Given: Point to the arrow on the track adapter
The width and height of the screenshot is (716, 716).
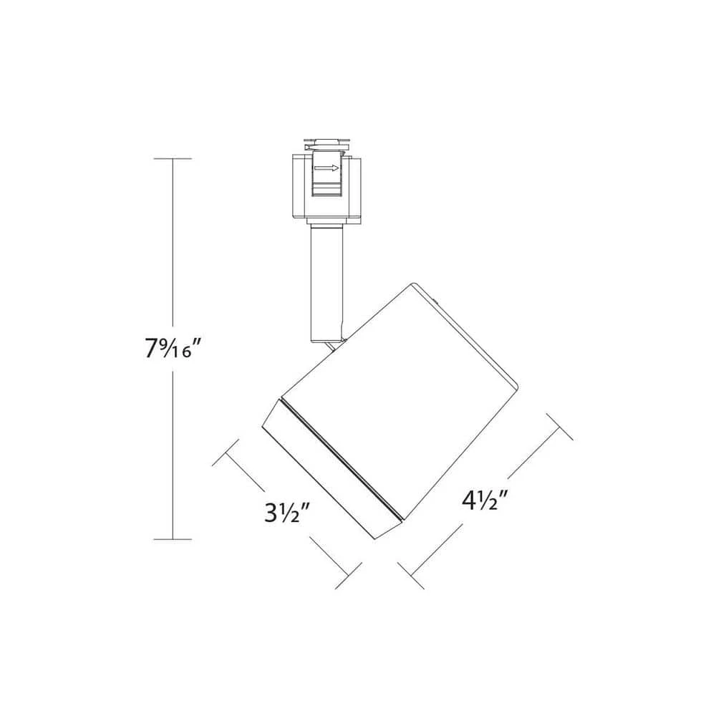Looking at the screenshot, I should [x=326, y=169].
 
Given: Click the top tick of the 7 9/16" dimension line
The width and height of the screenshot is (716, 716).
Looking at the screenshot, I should [x=172, y=158].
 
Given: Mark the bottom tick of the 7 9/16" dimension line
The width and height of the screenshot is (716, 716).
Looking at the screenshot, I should [x=172, y=538].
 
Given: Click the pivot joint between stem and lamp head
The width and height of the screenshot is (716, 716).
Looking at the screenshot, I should [x=333, y=345].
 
